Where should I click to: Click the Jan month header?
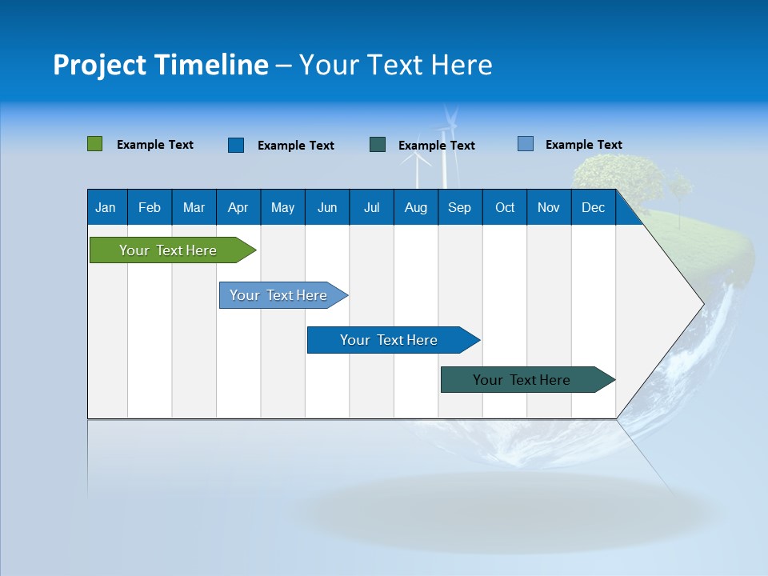click(x=106, y=207)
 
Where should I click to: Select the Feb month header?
click(x=150, y=207)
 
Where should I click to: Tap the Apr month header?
click(x=238, y=207)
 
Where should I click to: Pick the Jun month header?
click(x=327, y=207)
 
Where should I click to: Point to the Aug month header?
click(x=415, y=207)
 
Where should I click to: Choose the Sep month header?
click(x=459, y=207)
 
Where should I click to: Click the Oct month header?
click(x=505, y=207)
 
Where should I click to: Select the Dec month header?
click(x=593, y=207)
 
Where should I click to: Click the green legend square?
click(x=94, y=144)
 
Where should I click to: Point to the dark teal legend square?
click(x=378, y=145)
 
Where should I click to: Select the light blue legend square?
click(x=525, y=144)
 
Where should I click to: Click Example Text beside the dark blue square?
click(x=295, y=146)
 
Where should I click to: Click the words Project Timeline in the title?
click(x=161, y=65)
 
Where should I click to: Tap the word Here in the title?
click(x=462, y=65)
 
